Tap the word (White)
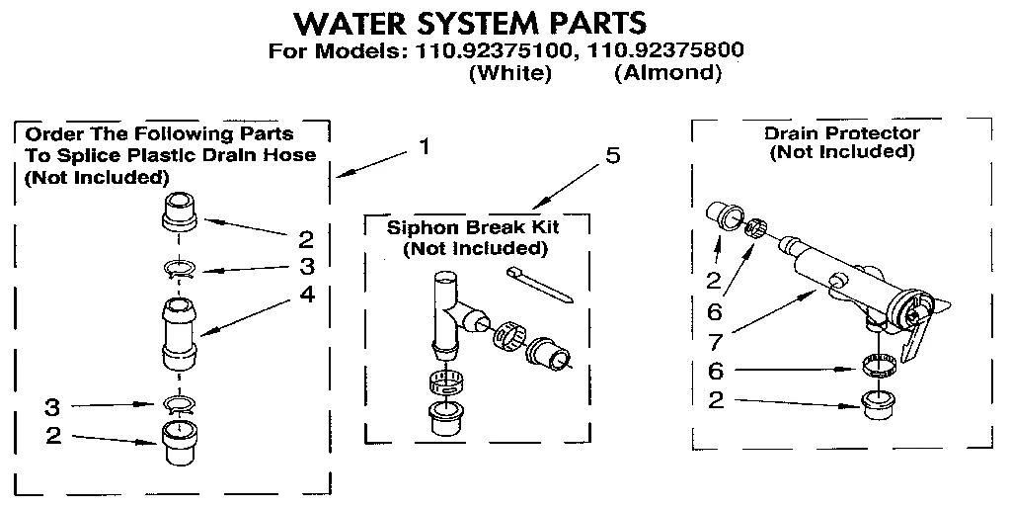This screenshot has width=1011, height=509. [x=509, y=73]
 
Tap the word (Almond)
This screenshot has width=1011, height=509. [x=667, y=73]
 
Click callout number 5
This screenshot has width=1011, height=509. [x=613, y=157]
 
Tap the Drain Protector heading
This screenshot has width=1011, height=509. [x=841, y=133]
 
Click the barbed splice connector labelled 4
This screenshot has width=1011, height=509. [x=178, y=333]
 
